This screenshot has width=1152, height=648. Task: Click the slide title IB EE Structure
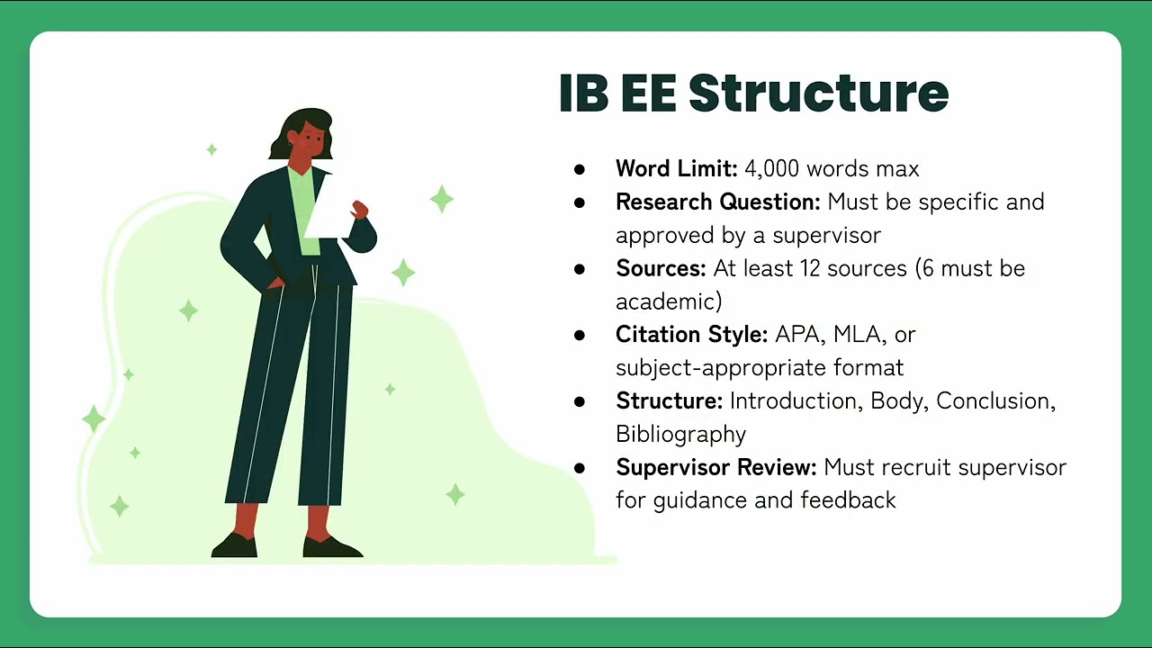pos(753,93)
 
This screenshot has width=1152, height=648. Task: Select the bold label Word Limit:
pos(676,168)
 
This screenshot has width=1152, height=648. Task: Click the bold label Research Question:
pos(717,202)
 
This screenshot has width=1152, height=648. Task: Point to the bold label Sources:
pos(661,268)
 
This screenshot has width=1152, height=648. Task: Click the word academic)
pos(669,301)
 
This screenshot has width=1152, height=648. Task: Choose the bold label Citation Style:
pos(691,335)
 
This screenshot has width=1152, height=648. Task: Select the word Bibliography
pos(680,434)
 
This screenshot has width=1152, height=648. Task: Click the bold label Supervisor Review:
pos(715,467)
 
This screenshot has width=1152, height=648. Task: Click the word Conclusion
pos(993,400)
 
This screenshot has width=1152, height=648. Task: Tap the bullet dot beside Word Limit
pos(579,169)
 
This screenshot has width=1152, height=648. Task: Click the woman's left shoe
pos(332,545)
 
